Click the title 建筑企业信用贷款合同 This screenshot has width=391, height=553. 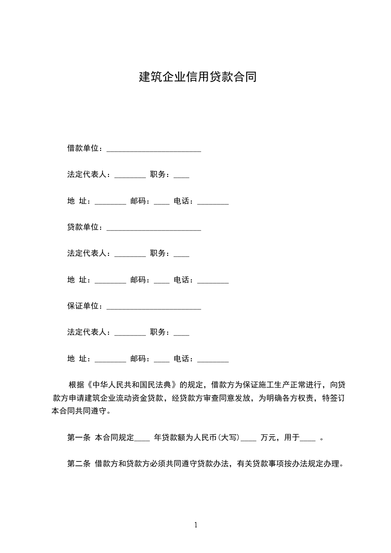coord(197,77)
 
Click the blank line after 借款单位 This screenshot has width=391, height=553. coord(153,149)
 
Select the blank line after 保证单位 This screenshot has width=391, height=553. coord(153,307)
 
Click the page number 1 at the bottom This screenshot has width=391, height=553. coord(196,525)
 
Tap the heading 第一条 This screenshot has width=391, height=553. coord(78,437)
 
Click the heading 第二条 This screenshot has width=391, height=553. coord(78,463)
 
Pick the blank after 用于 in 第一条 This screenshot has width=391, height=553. coord(307,439)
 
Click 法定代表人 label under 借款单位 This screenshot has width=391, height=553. coord(88,174)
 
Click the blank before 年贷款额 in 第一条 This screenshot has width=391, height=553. coord(142,439)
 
